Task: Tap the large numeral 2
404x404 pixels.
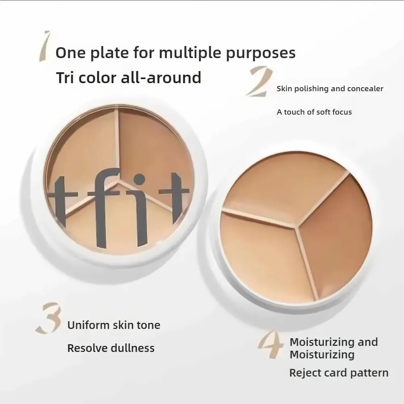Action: click(259, 82)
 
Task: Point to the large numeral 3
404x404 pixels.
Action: click(49, 319)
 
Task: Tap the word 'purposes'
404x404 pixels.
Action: click(261, 53)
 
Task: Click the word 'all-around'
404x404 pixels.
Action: click(161, 77)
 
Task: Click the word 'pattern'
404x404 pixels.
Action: click(368, 373)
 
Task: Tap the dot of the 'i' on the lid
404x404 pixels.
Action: click(139, 179)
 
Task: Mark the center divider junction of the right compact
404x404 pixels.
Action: click(297, 227)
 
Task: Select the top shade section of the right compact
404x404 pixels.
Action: click(283, 186)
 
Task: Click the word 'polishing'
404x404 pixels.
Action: click(310, 89)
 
